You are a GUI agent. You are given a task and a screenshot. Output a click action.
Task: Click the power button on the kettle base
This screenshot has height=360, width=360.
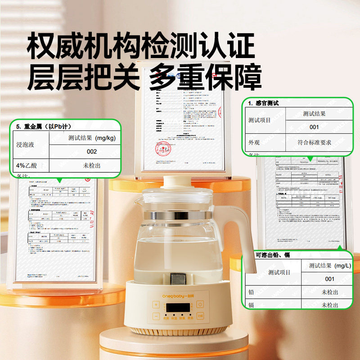[200, 305]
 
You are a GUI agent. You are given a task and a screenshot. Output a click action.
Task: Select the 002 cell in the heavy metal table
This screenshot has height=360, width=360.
[92, 152]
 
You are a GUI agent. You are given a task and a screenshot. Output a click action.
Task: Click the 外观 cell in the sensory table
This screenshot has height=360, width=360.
[255, 142]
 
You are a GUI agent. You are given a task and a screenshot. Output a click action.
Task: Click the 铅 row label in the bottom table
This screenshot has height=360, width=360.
[251, 292]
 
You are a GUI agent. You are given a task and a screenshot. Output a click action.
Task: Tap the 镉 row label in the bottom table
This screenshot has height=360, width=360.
[251, 305]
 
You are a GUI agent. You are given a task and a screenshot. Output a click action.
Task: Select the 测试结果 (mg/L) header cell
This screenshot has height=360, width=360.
[329, 265]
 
